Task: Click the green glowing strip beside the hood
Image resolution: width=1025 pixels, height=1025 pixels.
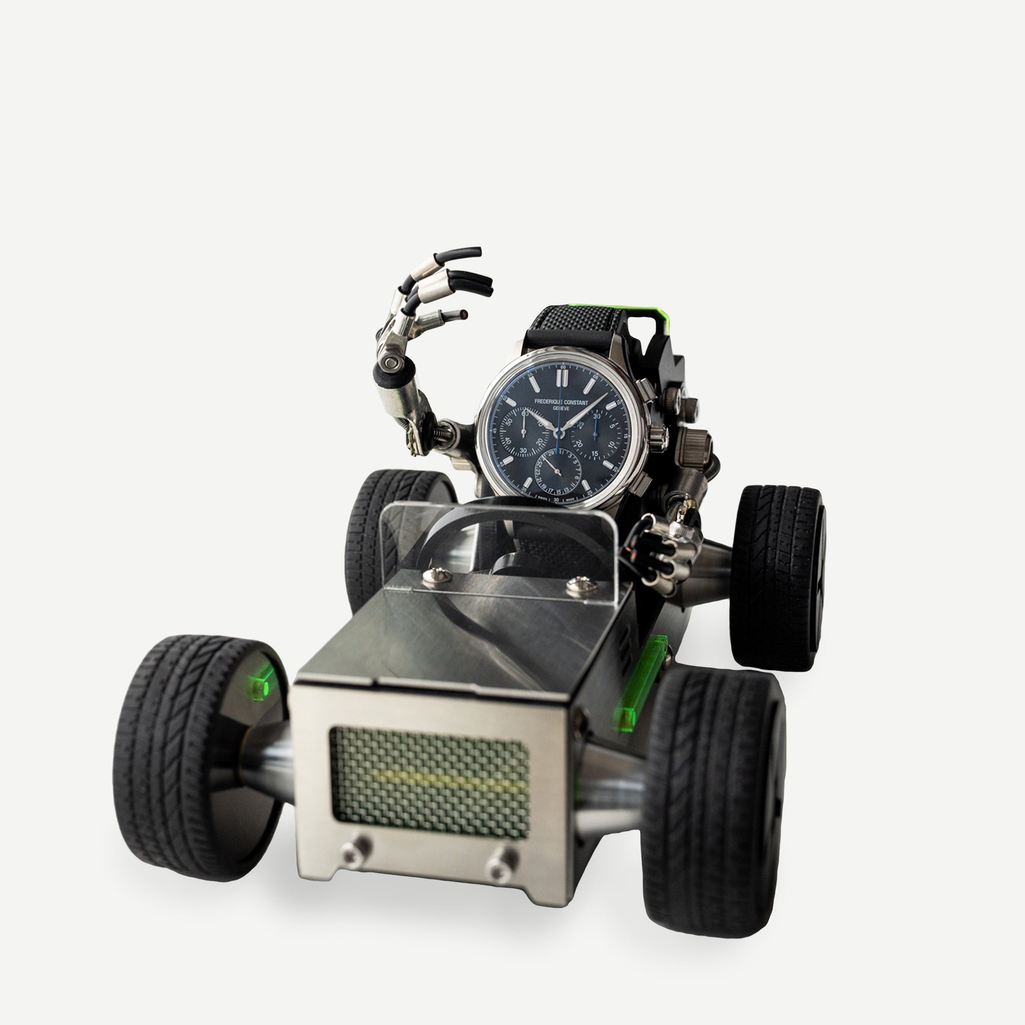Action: (641, 680)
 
